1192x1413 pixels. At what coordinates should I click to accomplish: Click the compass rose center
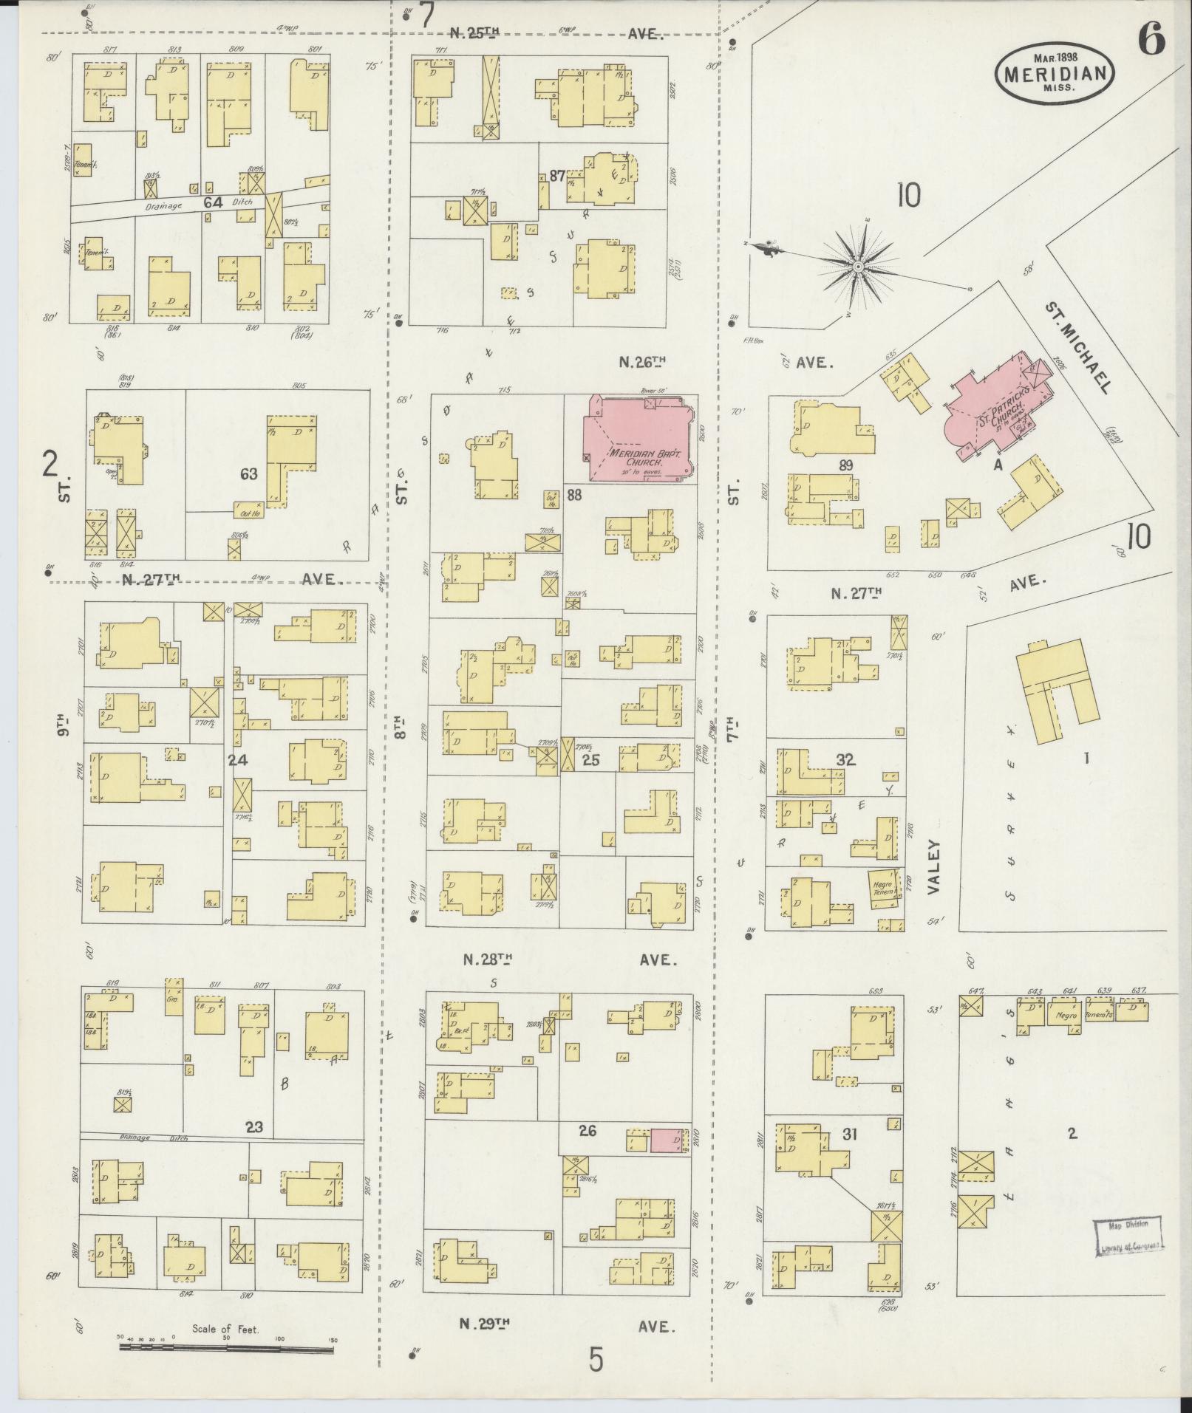tap(858, 266)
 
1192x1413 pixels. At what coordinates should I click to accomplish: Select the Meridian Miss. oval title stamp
tap(1055, 72)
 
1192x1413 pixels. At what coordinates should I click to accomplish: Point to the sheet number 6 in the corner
tap(1151, 38)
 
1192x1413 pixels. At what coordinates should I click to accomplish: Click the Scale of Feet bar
tap(228, 1347)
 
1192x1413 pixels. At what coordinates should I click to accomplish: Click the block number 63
tap(248, 473)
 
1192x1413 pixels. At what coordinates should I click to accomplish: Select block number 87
tap(557, 176)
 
